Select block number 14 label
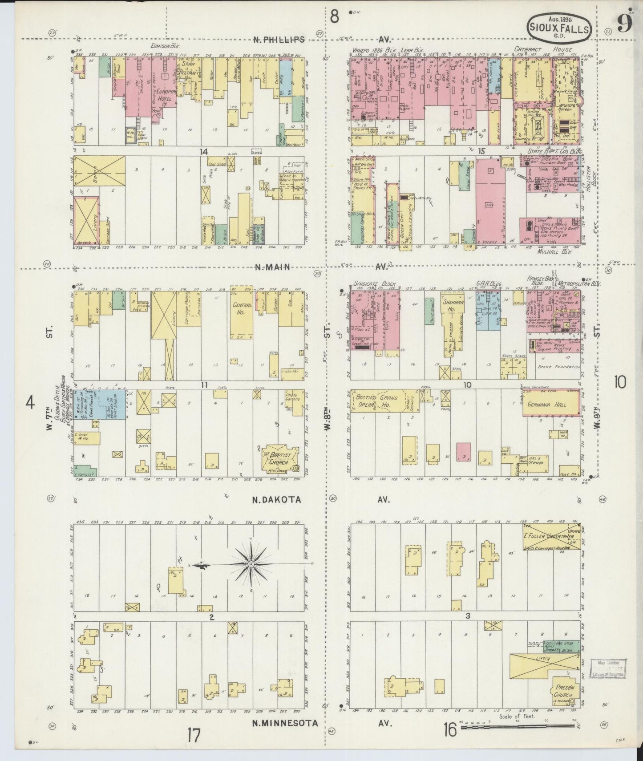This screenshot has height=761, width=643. click(203, 151)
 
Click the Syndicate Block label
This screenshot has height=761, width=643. click(375, 283)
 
